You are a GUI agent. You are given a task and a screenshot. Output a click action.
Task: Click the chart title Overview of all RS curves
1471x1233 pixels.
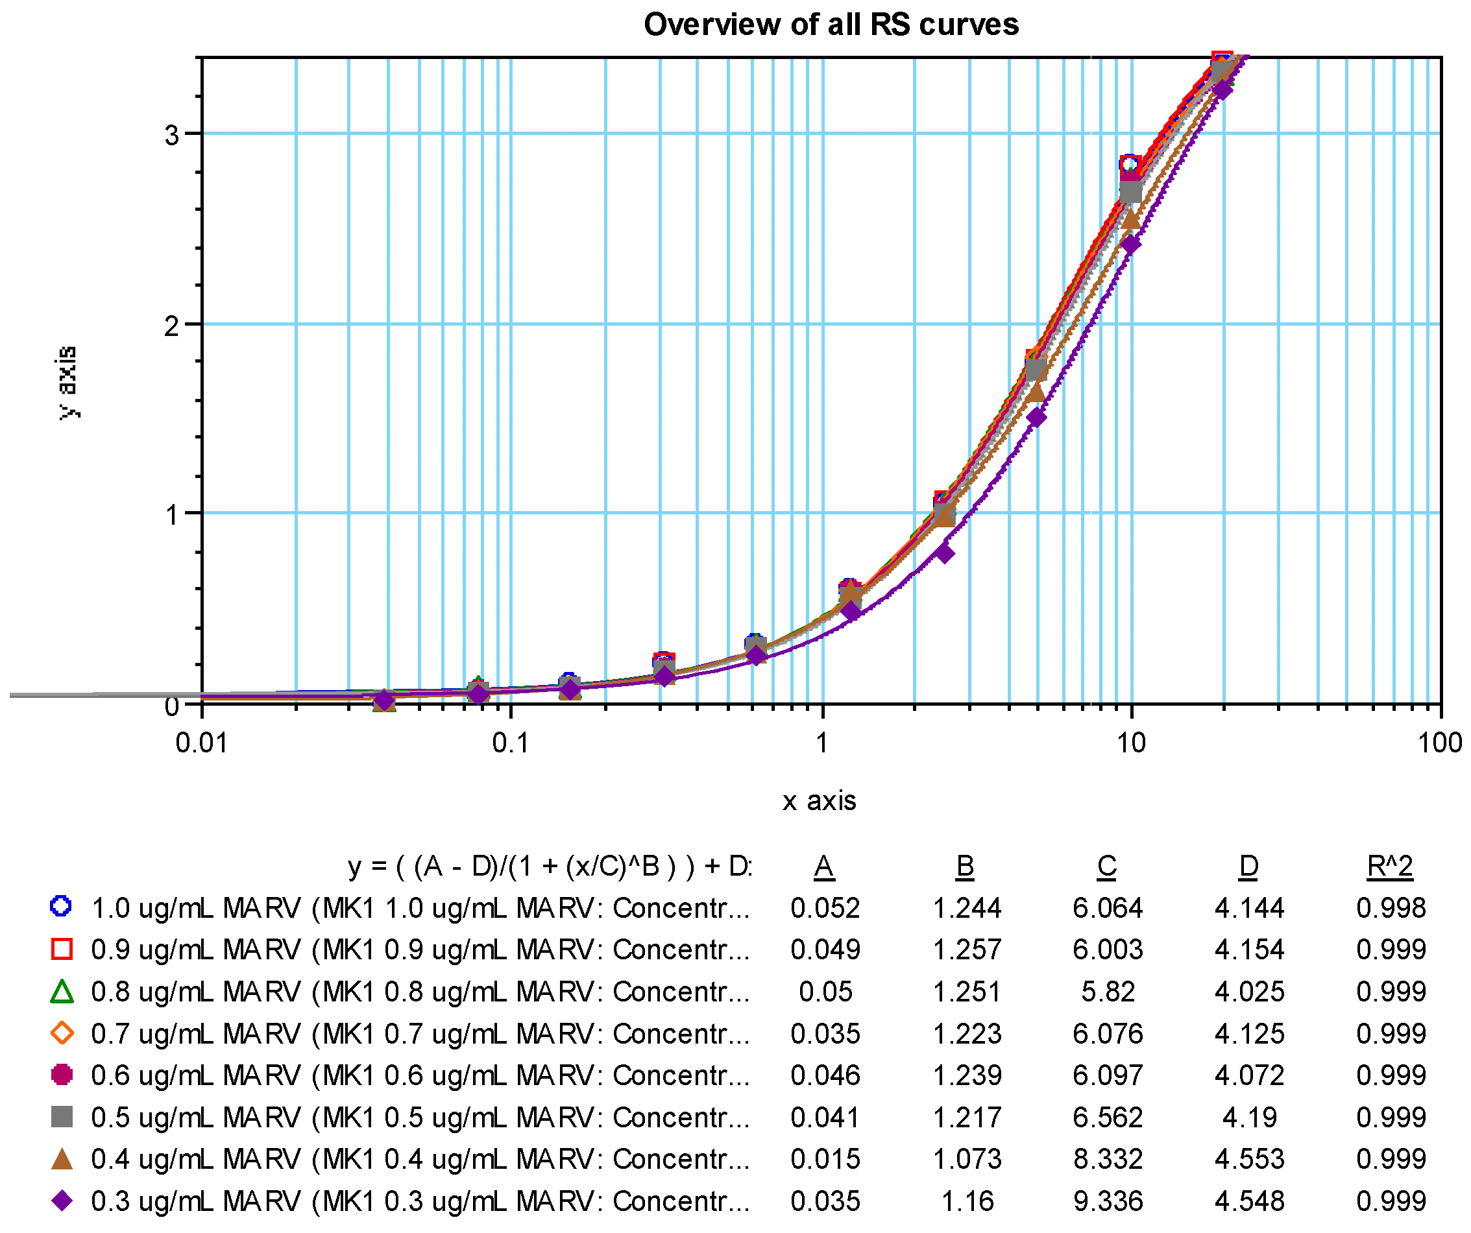(831, 25)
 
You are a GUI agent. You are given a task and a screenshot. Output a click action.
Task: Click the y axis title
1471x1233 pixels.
(67, 382)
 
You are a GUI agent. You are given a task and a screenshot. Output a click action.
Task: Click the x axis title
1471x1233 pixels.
(819, 801)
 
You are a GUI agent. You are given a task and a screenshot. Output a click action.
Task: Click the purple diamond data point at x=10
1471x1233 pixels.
(1130, 245)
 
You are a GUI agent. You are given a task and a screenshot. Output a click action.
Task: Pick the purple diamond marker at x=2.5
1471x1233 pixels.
(944, 554)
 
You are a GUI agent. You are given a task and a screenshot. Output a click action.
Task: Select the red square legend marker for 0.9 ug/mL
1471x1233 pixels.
(62, 950)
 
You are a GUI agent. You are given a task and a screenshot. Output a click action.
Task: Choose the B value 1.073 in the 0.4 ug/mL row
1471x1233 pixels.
(967, 1160)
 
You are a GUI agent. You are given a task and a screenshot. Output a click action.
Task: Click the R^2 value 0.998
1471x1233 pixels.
(1391, 908)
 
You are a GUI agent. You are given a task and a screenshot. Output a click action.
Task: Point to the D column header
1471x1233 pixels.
(1248, 867)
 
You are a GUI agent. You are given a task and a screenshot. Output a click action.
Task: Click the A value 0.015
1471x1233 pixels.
(825, 1160)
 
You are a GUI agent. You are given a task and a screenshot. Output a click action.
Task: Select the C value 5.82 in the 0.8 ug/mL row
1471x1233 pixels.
(1108, 992)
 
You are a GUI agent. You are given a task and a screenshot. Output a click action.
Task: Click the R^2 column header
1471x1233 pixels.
(1390, 867)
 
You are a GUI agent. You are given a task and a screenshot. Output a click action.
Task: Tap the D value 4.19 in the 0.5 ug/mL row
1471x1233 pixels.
(1249, 1118)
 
